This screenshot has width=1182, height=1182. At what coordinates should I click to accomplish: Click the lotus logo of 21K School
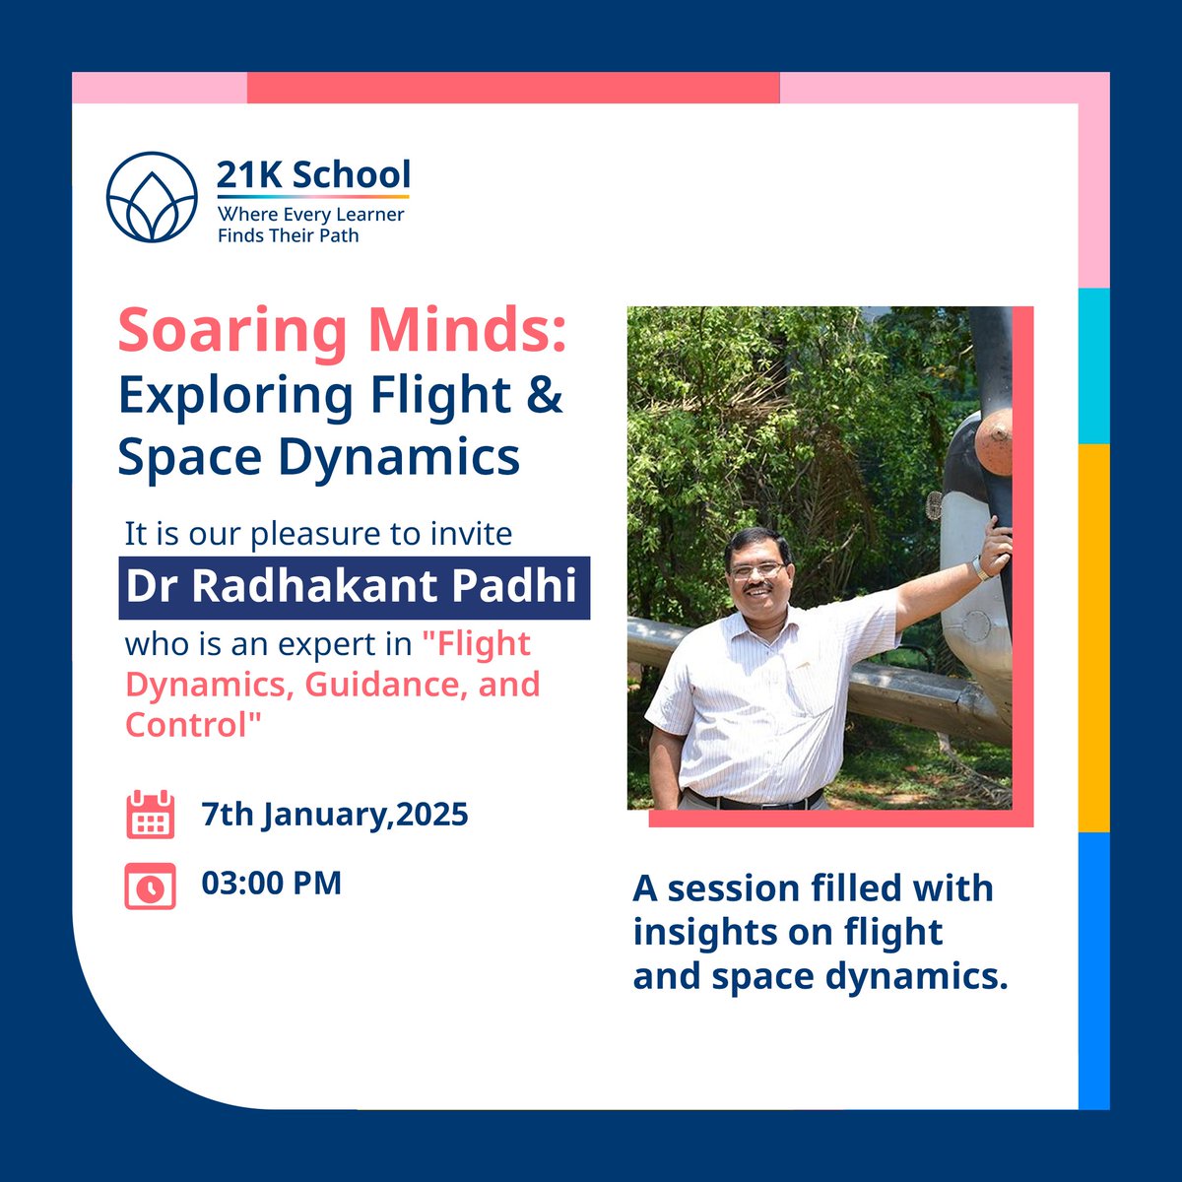(x=153, y=197)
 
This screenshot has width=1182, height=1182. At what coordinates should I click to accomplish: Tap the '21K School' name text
(x=313, y=174)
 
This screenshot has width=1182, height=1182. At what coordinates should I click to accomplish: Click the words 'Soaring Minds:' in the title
(x=342, y=331)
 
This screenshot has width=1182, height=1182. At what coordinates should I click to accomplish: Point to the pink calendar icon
(x=151, y=815)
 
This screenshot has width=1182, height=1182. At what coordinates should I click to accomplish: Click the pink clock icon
(x=151, y=885)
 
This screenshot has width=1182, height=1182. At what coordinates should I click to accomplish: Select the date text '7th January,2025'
(x=334, y=815)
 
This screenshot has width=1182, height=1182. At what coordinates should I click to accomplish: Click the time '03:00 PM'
(x=271, y=882)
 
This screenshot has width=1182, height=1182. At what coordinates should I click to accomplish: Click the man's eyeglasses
(x=756, y=569)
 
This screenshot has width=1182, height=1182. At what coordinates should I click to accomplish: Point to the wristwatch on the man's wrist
(x=981, y=568)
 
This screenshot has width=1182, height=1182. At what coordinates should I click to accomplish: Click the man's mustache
(x=758, y=589)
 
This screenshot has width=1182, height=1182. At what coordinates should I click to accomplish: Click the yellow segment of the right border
(x=1093, y=635)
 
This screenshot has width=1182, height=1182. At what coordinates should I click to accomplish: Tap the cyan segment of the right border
(x=1093, y=365)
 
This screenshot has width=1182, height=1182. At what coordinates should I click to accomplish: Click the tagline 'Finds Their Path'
(x=288, y=235)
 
